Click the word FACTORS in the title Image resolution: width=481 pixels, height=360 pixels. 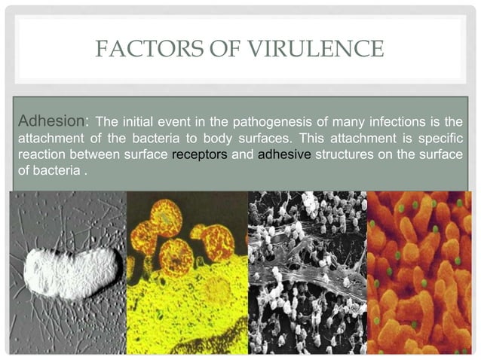tap(138, 49)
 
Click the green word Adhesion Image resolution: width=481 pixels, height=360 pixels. tap(44, 121)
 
